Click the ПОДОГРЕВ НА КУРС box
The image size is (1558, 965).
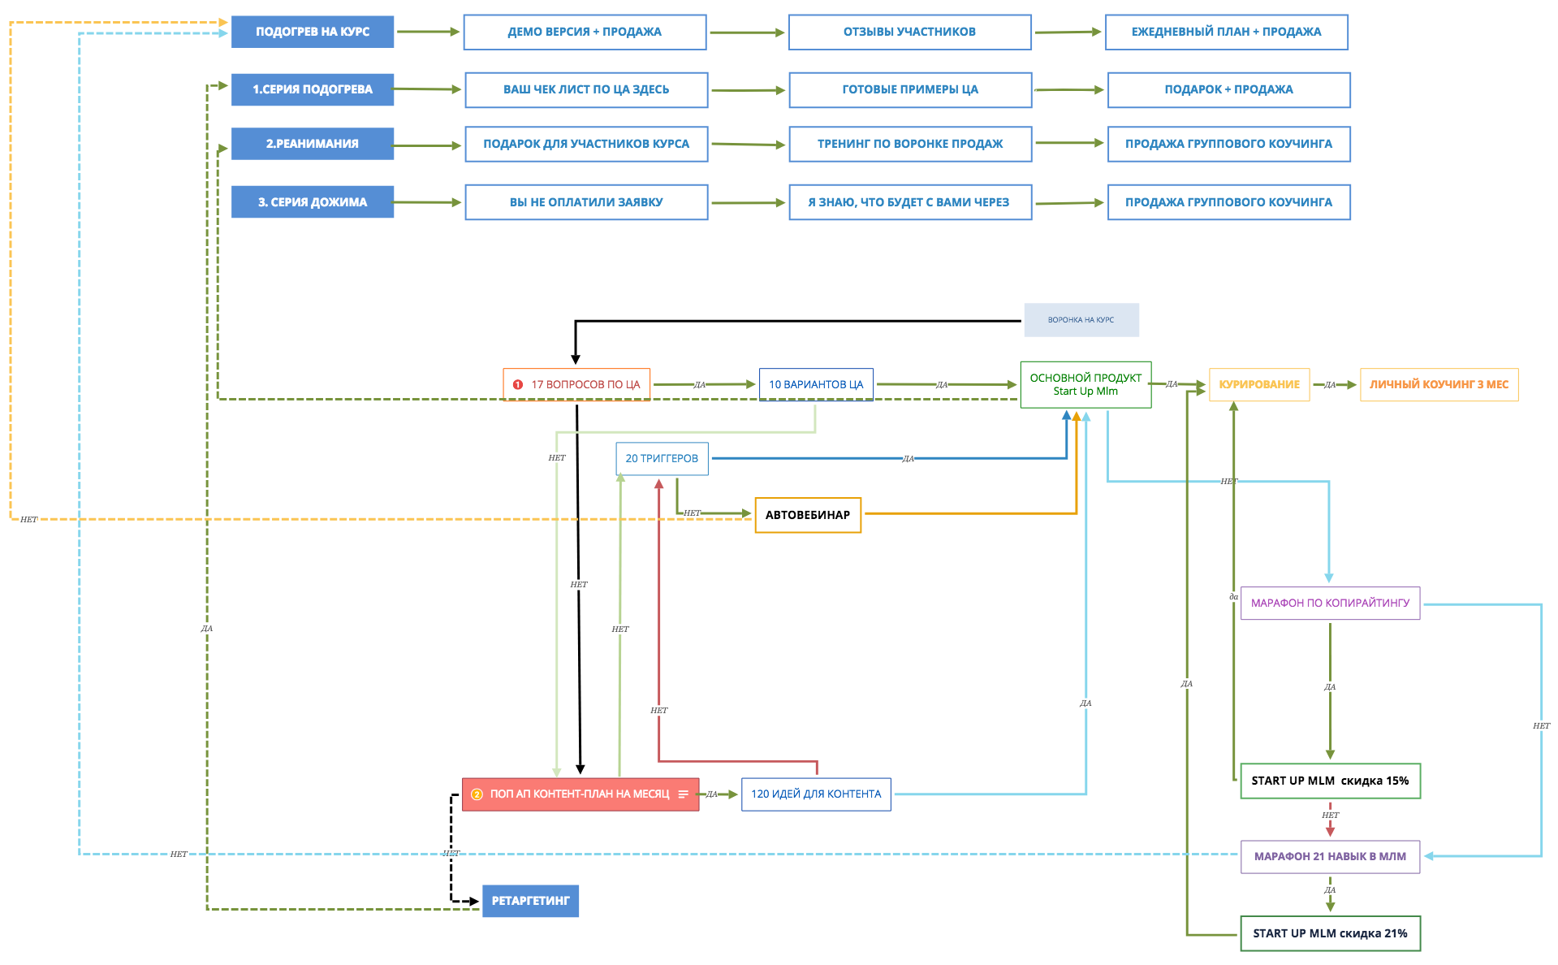(x=313, y=32)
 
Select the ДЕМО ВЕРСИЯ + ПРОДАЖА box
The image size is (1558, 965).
(x=585, y=32)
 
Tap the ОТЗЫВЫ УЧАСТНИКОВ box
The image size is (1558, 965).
(x=909, y=32)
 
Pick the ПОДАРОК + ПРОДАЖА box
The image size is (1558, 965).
(x=1228, y=89)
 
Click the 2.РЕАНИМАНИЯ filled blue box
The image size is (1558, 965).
(x=313, y=144)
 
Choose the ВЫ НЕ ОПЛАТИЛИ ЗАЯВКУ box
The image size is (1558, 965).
(x=586, y=202)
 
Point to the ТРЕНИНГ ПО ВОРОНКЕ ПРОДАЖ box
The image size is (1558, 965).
(x=910, y=144)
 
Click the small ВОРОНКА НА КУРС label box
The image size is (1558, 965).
(x=1081, y=320)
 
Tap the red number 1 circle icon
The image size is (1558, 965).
(x=518, y=385)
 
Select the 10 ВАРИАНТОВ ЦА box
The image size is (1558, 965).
(x=816, y=384)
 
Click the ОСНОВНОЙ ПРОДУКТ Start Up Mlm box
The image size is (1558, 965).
(x=1085, y=384)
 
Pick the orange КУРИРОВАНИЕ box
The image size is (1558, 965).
(x=1258, y=384)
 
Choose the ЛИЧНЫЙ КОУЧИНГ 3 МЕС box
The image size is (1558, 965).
(x=1439, y=384)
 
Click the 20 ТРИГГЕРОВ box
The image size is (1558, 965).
(x=662, y=459)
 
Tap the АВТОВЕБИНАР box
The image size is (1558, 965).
(x=808, y=515)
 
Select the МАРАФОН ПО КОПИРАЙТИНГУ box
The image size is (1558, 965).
(x=1330, y=603)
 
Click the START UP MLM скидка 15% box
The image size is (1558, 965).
(x=1330, y=781)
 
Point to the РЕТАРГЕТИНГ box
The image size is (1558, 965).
(x=530, y=901)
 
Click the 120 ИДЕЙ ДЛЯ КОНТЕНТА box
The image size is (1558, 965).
(x=816, y=794)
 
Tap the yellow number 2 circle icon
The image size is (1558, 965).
(x=477, y=794)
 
